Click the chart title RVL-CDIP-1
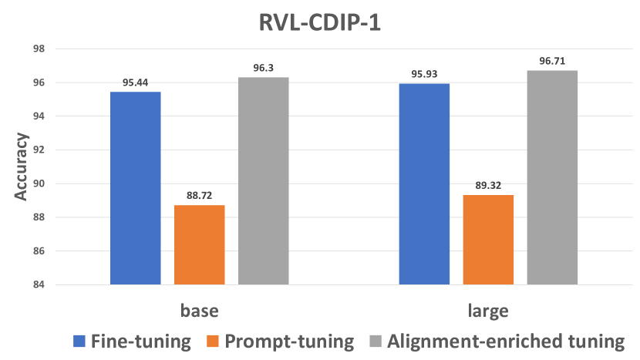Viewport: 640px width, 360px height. [319, 22]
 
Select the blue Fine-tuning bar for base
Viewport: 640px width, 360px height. [136, 188]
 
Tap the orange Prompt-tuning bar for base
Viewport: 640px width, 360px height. [200, 245]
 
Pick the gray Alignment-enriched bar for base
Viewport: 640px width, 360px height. [264, 181]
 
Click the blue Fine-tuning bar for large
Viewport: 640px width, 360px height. [424, 184]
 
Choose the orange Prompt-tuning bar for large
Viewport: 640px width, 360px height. [488, 240]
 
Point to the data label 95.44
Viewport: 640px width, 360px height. [136, 82]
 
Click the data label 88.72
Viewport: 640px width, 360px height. [200, 196]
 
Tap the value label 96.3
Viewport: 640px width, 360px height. [264, 68]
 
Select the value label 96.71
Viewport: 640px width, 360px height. [552, 61]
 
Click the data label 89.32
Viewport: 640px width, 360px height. [488, 186]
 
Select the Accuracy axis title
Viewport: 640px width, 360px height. [21, 167]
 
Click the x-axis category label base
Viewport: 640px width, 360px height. [200, 311]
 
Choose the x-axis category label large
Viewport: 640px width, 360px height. [488, 311]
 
